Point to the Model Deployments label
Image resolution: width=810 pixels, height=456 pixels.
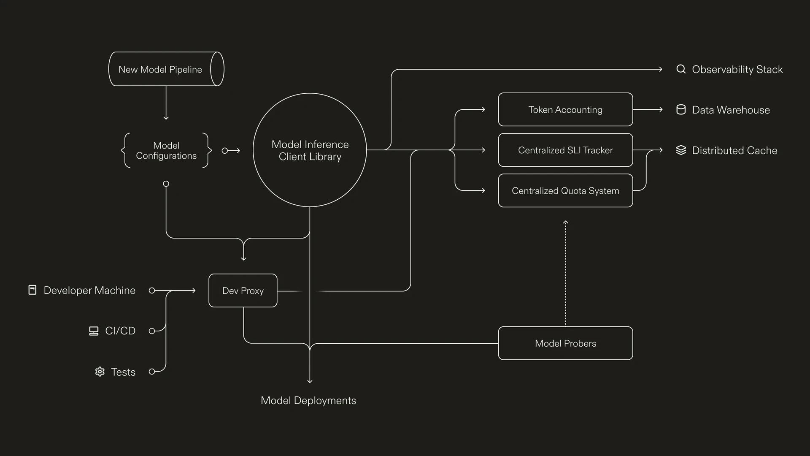pos(308,400)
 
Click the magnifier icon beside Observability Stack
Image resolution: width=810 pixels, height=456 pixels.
pos(681,69)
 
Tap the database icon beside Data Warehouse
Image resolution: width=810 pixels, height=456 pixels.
pos(681,110)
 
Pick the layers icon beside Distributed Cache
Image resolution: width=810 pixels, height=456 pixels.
pos(681,150)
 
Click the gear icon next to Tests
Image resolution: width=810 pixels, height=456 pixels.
pos(100,372)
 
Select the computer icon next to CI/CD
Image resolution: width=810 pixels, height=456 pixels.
pos(94,331)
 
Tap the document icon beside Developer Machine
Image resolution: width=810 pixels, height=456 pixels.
pos(32,290)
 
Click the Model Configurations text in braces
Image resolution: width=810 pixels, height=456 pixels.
pos(166,150)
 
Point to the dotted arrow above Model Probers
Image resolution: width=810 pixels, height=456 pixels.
pos(565,273)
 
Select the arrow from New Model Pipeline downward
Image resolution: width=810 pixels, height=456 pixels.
pos(166,103)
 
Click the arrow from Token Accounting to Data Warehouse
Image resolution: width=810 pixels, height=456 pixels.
pos(648,109)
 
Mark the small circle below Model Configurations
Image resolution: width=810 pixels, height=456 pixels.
pos(166,184)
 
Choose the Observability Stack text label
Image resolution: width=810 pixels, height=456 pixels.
pos(737,69)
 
